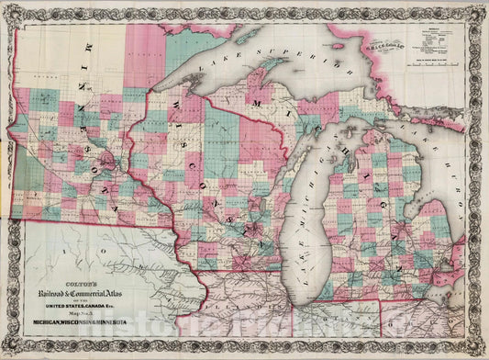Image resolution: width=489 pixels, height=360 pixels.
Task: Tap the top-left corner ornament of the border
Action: pos(9,9)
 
